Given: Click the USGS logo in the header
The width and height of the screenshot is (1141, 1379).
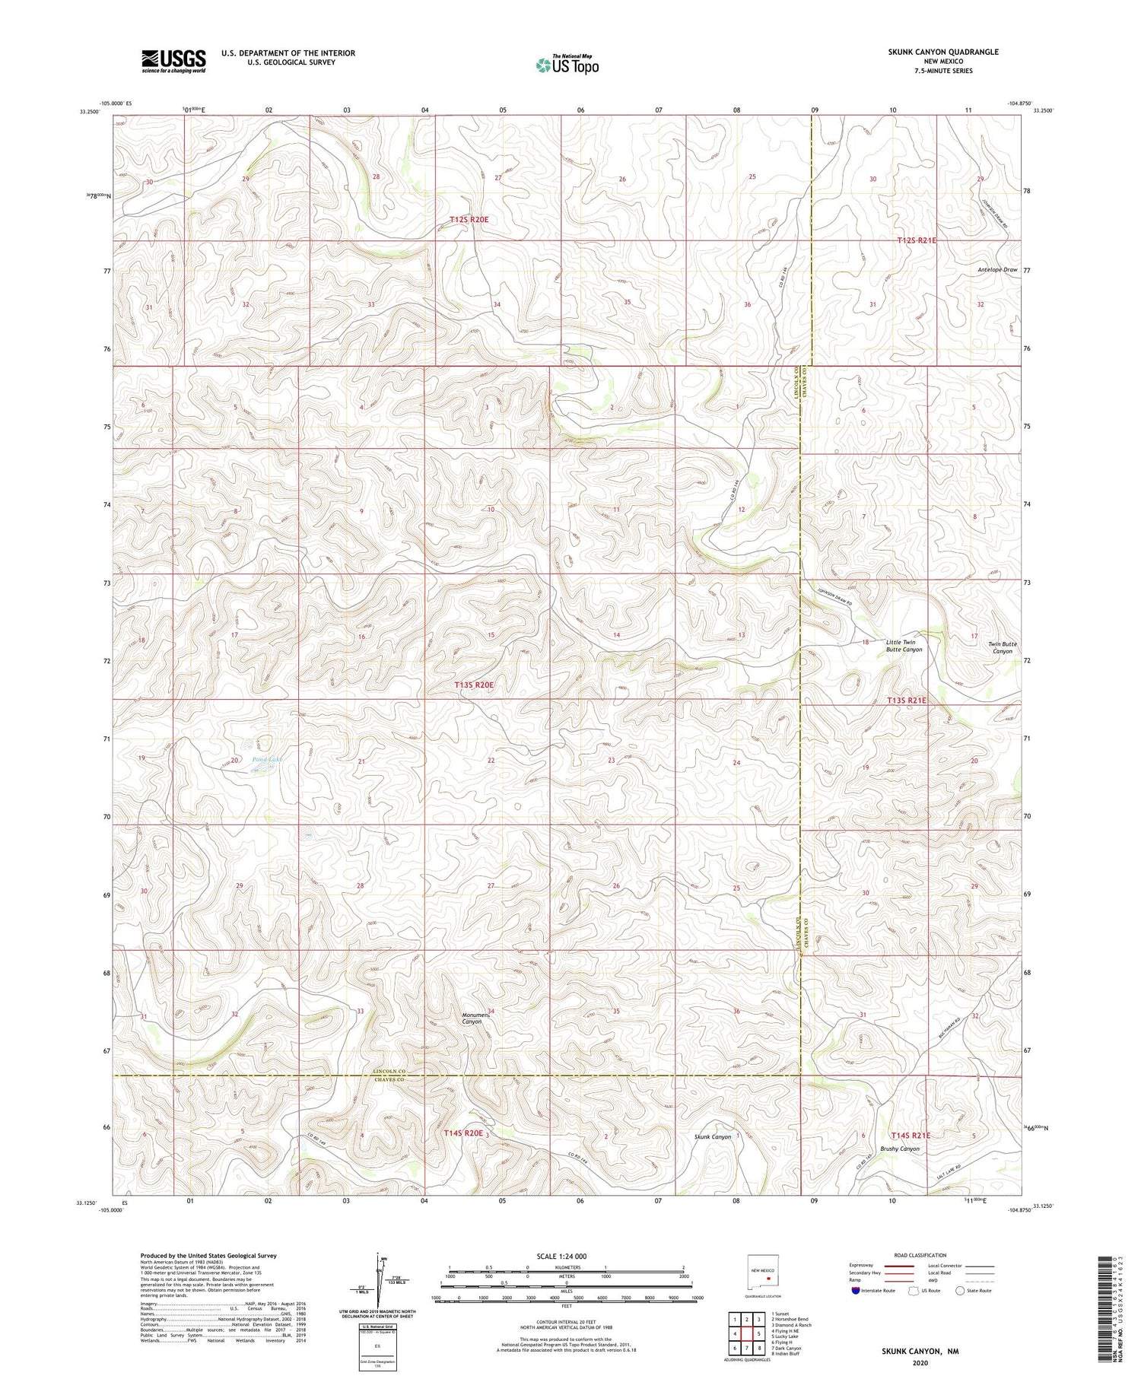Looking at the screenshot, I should [x=173, y=61].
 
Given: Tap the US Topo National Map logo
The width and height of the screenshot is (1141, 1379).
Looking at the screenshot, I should [x=567, y=65].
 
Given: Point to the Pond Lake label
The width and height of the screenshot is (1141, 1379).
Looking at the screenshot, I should [x=267, y=759].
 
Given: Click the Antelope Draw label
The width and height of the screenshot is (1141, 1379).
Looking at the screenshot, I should [x=997, y=270].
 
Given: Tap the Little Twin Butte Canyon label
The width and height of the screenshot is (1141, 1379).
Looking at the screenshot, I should [x=904, y=646].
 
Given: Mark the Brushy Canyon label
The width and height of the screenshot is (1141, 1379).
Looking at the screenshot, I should [x=899, y=1149].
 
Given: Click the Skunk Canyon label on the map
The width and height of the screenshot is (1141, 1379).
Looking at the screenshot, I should [x=713, y=1136].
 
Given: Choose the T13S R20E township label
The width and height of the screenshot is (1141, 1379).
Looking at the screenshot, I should [x=474, y=685].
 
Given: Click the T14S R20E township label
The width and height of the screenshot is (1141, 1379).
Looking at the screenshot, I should [x=464, y=1133].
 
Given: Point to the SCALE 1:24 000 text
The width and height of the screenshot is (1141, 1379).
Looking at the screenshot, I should [x=562, y=1256].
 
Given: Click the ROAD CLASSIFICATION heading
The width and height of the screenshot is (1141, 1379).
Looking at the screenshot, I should [x=920, y=1255].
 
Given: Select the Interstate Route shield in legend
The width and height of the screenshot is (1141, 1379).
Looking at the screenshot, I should [x=856, y=1291].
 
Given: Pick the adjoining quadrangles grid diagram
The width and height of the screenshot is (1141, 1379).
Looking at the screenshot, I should [x=747, y=1333].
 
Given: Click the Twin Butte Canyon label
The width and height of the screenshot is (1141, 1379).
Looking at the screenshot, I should [x=1002, y=647].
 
